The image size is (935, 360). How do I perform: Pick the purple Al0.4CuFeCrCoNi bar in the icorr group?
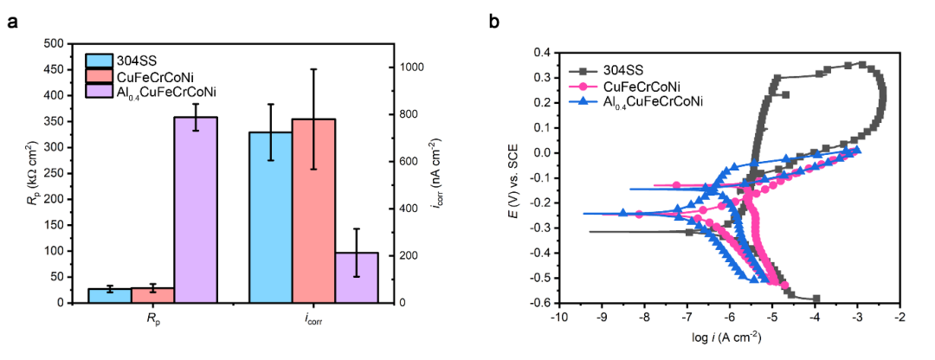click(x=357, y=277)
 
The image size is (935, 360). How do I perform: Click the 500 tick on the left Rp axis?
click(x=54, y=43)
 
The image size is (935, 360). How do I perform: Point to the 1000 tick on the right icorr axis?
click(x=409, y=67)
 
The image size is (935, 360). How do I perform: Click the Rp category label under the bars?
click(x=154, y=319)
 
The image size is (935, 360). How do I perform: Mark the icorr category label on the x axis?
click(x=313, y=319)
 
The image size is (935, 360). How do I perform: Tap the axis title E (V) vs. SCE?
click(x=514, y=177)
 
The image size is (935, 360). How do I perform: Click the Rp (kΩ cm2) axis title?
click(x=29, y=173)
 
